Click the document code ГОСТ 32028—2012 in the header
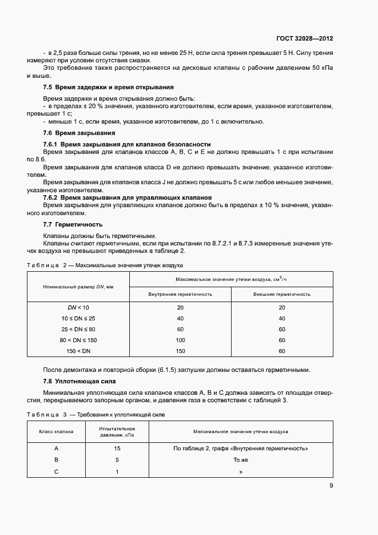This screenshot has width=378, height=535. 304,39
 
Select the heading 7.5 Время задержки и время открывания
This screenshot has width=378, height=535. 109,87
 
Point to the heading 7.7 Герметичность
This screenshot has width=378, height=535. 73,224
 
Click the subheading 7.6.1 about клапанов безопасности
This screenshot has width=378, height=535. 127,144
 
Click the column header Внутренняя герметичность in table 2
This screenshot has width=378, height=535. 180,294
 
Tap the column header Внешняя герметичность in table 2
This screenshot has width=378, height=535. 282,294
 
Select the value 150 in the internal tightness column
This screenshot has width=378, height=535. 180,351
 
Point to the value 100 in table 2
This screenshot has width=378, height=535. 180,340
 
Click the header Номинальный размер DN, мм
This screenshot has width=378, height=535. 78,286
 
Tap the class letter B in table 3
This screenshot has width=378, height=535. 56,460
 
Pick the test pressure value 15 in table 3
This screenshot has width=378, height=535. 117,449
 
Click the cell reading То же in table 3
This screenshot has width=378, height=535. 241,460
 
